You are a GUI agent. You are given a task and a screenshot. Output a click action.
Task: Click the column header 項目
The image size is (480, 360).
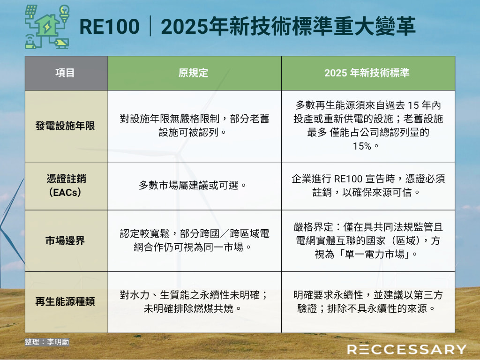65,73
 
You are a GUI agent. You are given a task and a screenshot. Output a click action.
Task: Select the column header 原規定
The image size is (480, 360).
193,73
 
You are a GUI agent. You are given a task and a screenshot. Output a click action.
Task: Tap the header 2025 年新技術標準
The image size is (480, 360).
367,73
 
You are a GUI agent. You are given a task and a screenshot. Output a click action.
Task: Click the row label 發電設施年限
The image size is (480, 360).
65,126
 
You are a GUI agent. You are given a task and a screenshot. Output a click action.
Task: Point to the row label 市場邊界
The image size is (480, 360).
65,240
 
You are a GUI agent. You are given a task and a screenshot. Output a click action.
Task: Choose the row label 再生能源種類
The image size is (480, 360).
65,302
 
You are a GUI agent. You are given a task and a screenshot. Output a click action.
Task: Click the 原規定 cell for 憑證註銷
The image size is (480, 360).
193,186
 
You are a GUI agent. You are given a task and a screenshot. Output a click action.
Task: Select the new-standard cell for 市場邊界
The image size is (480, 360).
368,240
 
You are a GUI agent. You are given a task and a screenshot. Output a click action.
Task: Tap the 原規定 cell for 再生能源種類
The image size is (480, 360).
194,302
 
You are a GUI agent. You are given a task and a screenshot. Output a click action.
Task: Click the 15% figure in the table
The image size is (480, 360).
362,146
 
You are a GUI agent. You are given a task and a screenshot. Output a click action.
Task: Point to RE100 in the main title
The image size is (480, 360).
109,27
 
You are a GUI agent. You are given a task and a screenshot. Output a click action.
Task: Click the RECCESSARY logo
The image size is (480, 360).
407,349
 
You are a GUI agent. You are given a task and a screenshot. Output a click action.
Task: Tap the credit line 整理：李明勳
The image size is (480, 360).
47,342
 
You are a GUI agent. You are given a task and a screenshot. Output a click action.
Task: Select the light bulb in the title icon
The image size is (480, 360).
64,13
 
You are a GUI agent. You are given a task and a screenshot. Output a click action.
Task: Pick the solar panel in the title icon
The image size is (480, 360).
31,11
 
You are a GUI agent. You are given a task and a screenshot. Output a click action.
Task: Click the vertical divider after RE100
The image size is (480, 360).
150,27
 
